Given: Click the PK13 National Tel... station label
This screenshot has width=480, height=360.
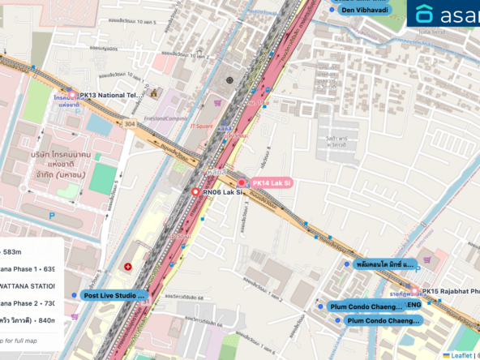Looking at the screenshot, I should [110, 96].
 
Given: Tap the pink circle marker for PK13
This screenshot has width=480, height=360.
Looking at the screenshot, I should [71, 96].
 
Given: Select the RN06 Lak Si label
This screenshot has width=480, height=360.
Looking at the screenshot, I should [222, 191].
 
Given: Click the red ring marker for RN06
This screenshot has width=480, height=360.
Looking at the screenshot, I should [195, 191].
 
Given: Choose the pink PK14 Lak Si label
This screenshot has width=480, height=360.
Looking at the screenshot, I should [271, 183].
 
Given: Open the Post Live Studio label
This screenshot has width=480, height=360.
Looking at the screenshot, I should [114, 296].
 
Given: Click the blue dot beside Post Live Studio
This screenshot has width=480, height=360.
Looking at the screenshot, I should [75, 295].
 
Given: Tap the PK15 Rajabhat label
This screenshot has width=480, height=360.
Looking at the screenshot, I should [451, 291].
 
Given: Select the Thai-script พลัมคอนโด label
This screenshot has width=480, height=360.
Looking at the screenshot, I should [385, 264].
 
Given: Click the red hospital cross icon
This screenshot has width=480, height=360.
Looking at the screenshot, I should [127, 267].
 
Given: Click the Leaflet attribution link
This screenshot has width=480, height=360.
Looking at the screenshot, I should [461, 354].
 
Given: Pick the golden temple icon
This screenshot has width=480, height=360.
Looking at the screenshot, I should [155, 94].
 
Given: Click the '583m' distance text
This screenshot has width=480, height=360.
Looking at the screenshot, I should [15, 251].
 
